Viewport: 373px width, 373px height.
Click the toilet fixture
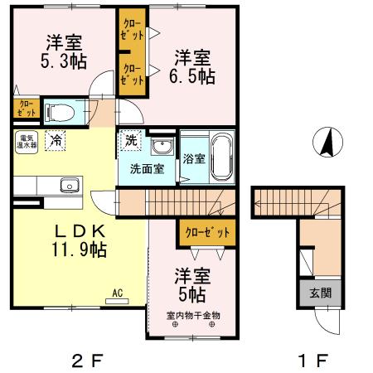tap(61, 111)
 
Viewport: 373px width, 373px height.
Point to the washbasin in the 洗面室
tap(162, 148)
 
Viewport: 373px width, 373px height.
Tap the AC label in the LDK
tap(119, 292)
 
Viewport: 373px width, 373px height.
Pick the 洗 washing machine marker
tap(130, 141)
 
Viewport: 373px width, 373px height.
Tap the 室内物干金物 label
tap(193, 315)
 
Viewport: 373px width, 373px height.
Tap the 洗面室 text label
tap(146, 169)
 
